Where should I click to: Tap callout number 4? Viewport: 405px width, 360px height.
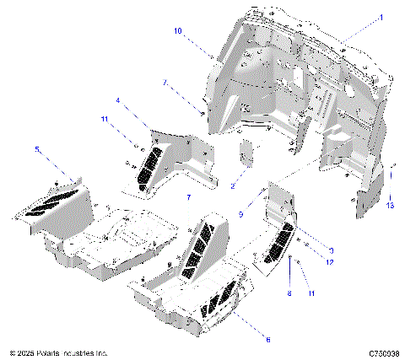(118, 100)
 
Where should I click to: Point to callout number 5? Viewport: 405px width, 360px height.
(36, 148)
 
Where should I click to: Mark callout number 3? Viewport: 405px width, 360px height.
(332, 250)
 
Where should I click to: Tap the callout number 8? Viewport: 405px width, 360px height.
(289, 294)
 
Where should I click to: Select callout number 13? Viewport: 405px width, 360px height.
(390, 205)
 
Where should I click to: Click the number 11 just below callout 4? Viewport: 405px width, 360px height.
(105, 121)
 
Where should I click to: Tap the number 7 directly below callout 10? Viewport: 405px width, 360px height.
(165, 83)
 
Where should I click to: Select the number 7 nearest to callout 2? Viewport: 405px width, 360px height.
(189, 196)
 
